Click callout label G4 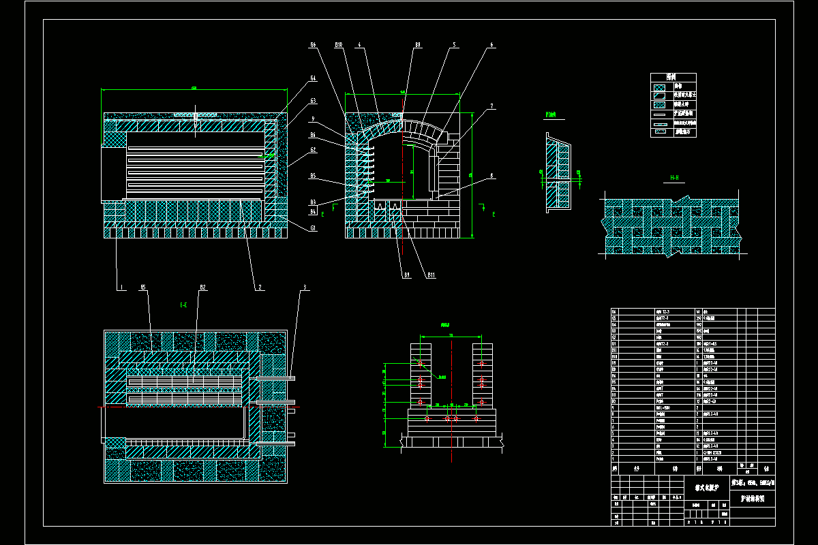point(313,78)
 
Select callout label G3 point(313,101)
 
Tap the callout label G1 point(313,228)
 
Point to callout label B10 point(338,45)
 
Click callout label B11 point(431,275)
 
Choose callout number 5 point(453,45)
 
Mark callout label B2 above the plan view point(202,287)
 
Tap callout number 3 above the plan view point(305,287)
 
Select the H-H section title point(674,178)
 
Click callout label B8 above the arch point(417,45)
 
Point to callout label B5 point(313,176)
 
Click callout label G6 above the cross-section point(313,45)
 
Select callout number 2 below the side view point(260,287)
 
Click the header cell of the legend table point(673,77)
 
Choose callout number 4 point(359,45)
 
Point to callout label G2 point(313,150)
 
